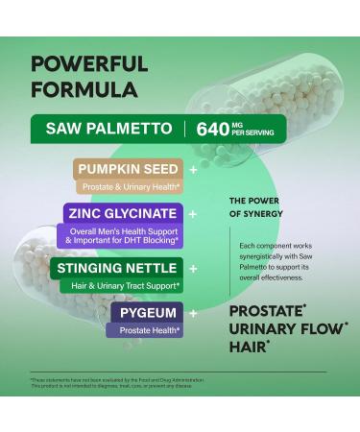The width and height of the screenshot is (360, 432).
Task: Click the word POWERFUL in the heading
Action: (88, 64)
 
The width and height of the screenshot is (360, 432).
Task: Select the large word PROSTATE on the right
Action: (269, 312)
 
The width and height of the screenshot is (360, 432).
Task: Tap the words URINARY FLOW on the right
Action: (277, 331)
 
